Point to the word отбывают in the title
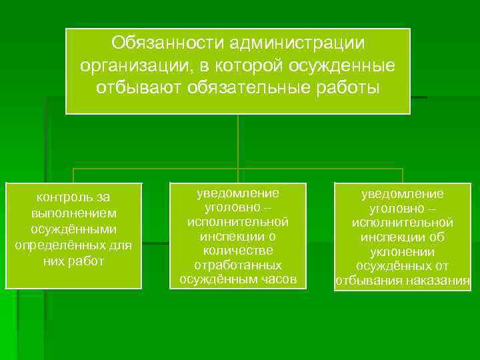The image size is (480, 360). [x=141, y=88]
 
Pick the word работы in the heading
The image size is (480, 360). [x=347, y=88]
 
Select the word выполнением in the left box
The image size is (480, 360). [x=73, y=213]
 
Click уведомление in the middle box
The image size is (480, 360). [x=238, y=193]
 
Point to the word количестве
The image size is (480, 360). [x=238, y=250]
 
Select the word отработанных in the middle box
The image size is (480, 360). [x=238, y=265]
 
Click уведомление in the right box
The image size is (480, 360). [x=403, y=193]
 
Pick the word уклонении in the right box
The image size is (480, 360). [x=403, y=252]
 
